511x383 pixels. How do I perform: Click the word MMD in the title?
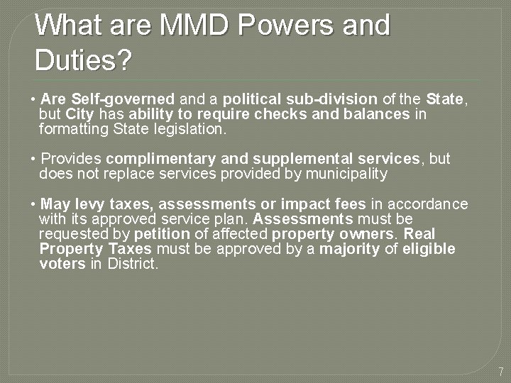coord(194,26)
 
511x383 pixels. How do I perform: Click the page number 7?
coord(500,371)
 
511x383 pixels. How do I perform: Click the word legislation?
coord(189,129)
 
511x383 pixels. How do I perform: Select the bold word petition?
coord(162,234)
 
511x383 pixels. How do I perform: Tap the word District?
coord(133,264)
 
